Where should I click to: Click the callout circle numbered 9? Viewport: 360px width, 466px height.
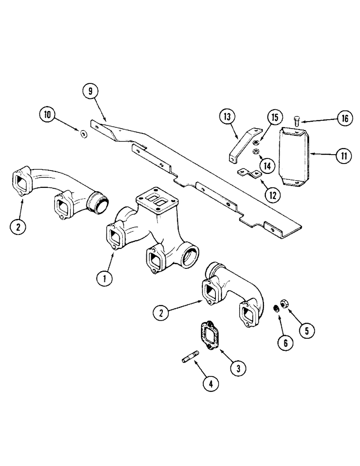click(90, 92)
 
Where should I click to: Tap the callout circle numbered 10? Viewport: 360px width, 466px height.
click(47, 115)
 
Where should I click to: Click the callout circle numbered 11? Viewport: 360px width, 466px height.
click(343, 156)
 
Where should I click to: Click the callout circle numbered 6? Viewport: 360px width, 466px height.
click(286, 343)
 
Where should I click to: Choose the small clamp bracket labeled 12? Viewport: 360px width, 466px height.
click(250, 175)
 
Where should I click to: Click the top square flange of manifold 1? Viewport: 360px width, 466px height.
click(155, 199)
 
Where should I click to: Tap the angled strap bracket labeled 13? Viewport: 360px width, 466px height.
click(242, 142)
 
